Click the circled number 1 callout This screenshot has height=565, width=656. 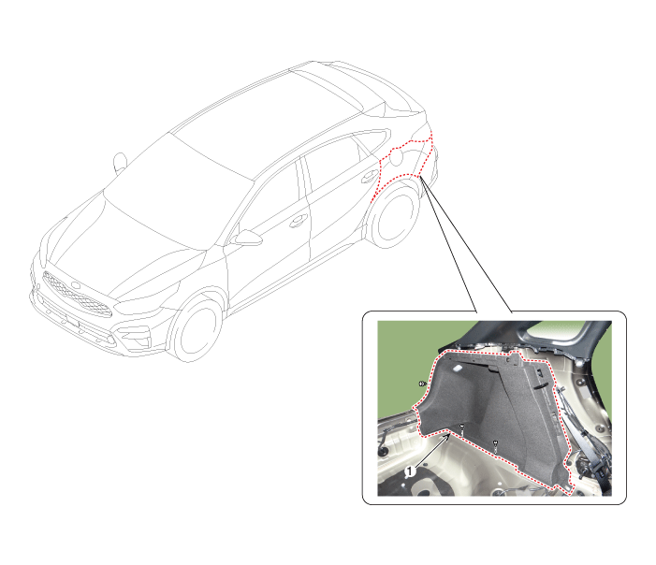point(410,471)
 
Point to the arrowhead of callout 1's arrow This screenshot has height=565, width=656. point(449,436)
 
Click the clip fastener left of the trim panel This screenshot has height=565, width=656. point(423,384)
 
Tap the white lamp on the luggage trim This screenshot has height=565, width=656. point(458,369)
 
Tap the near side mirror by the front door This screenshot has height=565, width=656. point(247,238)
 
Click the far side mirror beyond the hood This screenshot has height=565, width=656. point(120,162)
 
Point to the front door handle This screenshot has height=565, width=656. point(298,221)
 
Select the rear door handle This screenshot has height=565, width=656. point(369,177)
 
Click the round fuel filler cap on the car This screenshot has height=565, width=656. point(397,157)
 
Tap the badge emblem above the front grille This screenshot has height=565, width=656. point(76,284)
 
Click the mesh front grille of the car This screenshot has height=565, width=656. point(77,295)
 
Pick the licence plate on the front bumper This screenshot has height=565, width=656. point(67,319)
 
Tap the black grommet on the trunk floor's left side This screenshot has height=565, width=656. point(382,453)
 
